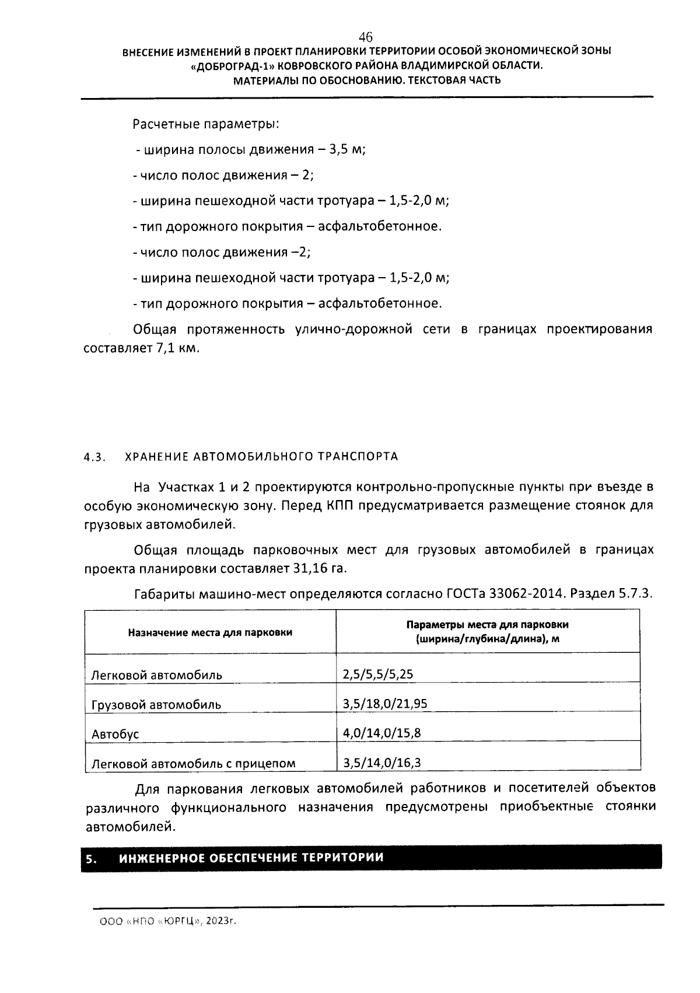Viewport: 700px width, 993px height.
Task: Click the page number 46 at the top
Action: coord(366,37)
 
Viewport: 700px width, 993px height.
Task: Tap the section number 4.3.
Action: coord(94,457)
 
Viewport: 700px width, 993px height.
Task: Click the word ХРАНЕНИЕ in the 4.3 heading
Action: coord(154,457)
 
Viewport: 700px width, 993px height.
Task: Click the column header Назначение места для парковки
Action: coord(210,632)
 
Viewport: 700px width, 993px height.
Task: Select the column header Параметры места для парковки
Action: coord(487,625)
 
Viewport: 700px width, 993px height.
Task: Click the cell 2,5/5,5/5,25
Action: coord(378,675)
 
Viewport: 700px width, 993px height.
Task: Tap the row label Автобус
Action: coord(116,734)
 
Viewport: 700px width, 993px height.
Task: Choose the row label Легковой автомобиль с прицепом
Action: coord(194,763)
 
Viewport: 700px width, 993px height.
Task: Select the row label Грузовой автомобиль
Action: coord(156,705)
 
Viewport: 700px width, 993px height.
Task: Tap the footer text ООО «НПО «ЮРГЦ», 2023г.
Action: coord(169,921)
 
